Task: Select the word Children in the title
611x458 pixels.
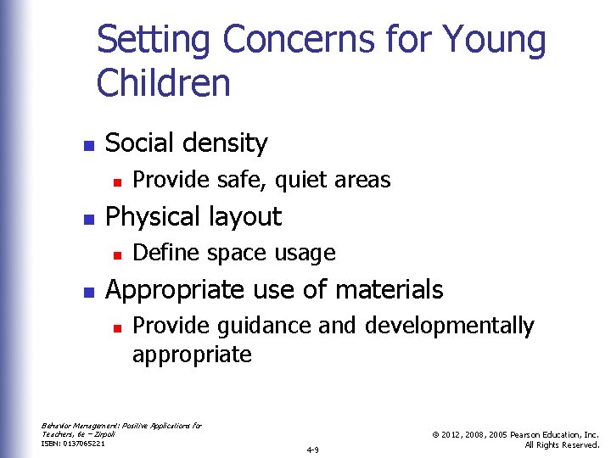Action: (x=163, y=84)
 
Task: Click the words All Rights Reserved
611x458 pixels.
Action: (x=562, y=444)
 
